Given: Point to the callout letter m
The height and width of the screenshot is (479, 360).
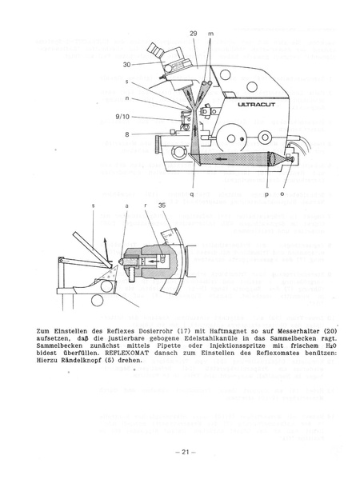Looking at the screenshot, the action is click(211, 34).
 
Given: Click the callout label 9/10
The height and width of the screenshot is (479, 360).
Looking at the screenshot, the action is click(122, 116).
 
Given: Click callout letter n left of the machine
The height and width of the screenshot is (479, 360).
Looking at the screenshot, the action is click(127, 98).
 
